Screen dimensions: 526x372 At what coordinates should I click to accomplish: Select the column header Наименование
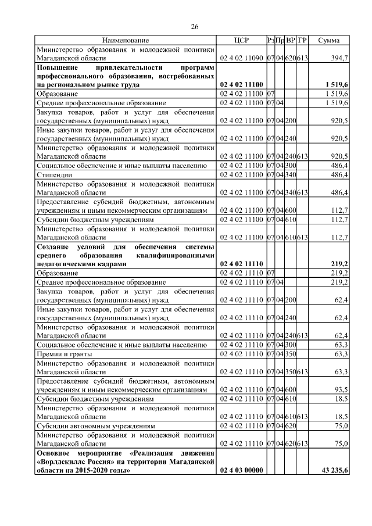tap(126, 40)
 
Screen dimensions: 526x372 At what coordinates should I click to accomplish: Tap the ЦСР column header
tap(241, 40)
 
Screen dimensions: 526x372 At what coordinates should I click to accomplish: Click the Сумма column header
tap(333, 40)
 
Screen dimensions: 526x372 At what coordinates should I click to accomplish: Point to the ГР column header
tap(302, 40)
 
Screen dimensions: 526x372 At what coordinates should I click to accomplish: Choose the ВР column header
tap(291, 40)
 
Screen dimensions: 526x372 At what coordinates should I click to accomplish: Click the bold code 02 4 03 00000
tap(241, 470)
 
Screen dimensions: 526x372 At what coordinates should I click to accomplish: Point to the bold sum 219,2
tap(338, 263)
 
